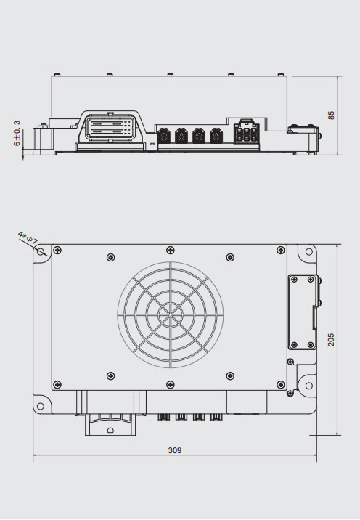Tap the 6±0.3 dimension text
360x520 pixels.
(x=17, y=134)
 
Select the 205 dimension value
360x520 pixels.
(x=332, y=338)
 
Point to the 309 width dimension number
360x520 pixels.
(x=175, y=450)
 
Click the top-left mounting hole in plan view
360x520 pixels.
(x=41, y=251)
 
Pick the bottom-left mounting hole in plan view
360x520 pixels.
(x=41, y=406)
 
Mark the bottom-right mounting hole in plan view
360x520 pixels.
(x=307, y=406)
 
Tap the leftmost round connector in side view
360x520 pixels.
(x=163, y=135)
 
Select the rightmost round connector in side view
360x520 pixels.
(x=216, y=135)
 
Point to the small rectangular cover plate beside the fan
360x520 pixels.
(x=302, y=312)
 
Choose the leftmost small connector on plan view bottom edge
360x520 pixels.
(x=164, y=417)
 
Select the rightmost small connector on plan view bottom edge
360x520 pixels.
(x=216, y=417)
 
